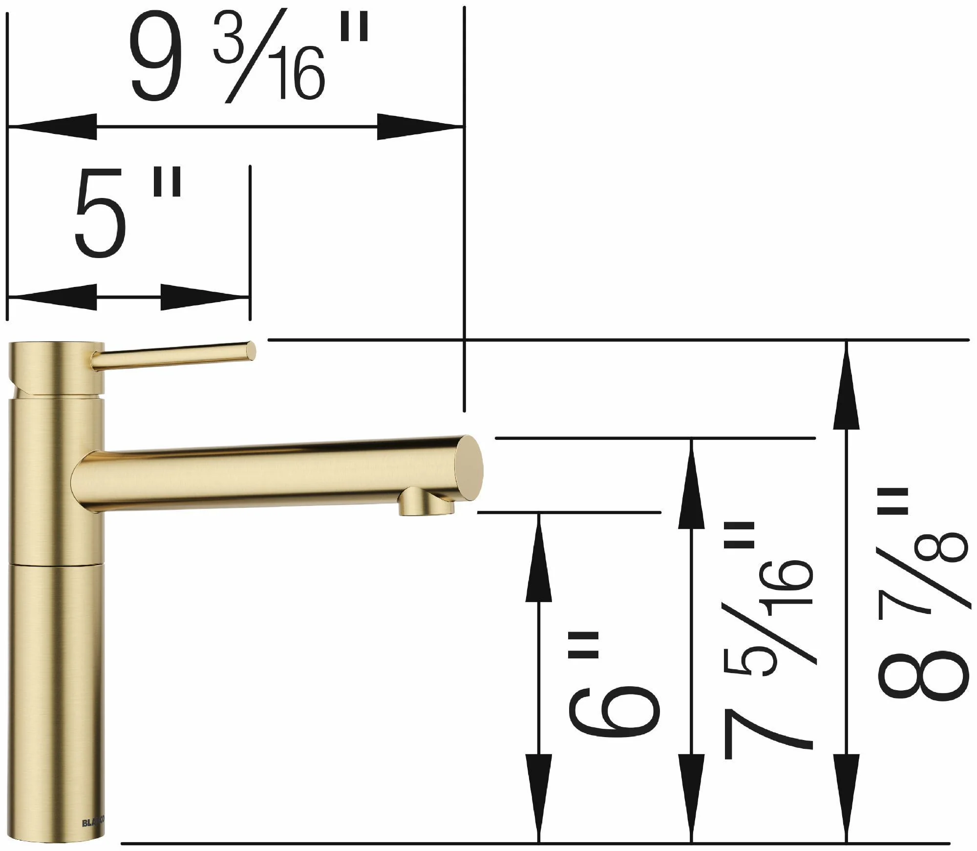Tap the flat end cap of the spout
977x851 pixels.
(468, 468)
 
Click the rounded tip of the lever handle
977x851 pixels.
(250, 351)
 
